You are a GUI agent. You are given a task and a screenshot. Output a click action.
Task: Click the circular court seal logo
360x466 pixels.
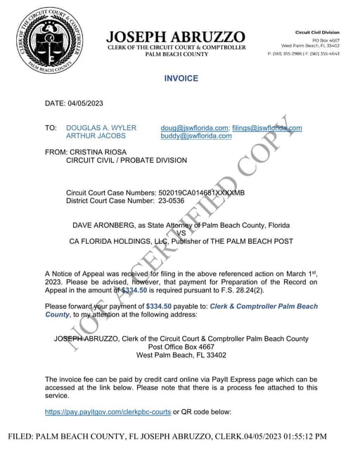click(49, 39)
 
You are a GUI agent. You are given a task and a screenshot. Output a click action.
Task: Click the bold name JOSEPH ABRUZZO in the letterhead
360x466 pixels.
click(176, 37)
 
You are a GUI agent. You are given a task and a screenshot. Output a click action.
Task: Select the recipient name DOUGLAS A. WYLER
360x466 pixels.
click(101, 128)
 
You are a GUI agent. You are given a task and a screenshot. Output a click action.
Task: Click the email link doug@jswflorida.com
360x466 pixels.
click(194, 128)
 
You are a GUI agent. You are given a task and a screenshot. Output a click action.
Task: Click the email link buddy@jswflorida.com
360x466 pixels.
click(196, 136)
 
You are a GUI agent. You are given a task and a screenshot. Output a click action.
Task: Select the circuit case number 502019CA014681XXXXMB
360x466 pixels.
click(202, 193)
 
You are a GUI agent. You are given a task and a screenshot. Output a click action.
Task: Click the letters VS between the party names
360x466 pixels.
click(181, 233)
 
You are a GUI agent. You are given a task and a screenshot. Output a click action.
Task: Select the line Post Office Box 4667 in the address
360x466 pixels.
click(181, 347)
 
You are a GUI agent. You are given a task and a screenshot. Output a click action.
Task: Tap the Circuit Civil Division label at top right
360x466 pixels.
click(316, 32)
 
